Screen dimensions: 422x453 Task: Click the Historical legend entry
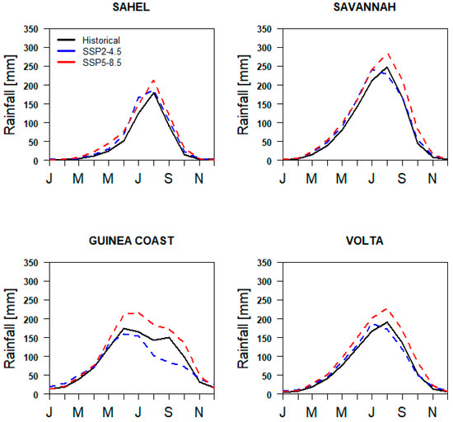pyautogui.click(x=91, y=40)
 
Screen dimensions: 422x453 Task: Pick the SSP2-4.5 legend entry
pyautogui.click(x=91, y=51)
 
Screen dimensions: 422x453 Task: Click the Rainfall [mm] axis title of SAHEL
pyautogui.click(x=11, y=95)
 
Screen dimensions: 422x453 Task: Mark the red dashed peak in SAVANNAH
pyautogui.click(x=387, y=54)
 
